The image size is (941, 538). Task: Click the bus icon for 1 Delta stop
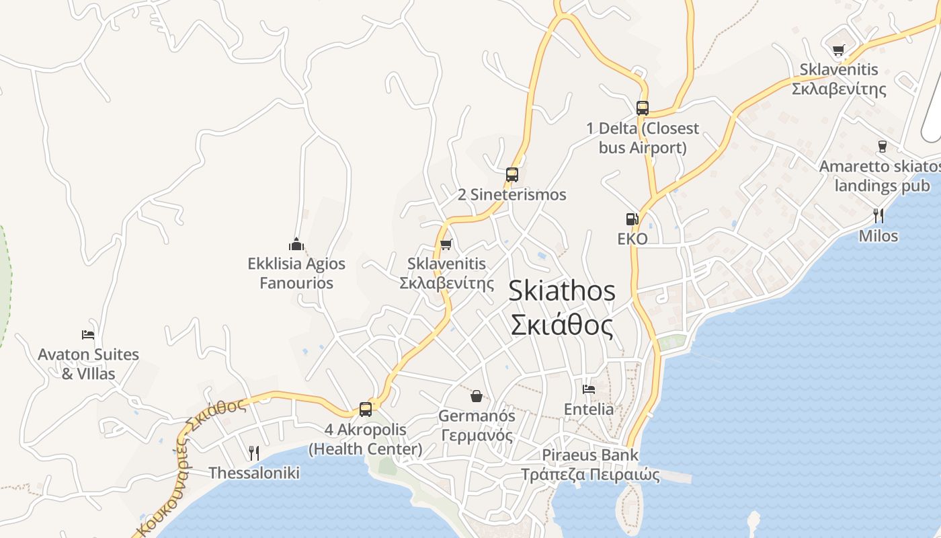tap(643, 108)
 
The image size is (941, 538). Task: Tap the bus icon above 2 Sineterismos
tap(512, 175)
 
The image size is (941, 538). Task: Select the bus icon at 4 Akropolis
tap(366, 409)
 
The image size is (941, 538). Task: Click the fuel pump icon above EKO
tap(632, 219)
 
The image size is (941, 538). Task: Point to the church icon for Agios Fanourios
tap(296, 243)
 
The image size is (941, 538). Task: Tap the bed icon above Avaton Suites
tap(88, 334)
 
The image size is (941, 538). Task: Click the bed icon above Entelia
tap(589, 389)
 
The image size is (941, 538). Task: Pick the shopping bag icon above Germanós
tap(477, 395)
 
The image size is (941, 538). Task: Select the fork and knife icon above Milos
tap(878, 215)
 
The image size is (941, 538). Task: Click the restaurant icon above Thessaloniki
tap(253, 453)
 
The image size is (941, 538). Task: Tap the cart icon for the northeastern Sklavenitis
tap(838, 50)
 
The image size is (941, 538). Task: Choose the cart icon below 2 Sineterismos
tap(446, 244)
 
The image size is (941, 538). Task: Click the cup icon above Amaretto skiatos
tap(883, 146)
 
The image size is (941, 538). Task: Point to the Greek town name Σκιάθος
tap(561, 325)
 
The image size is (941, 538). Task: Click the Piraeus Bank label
tap(590, 455)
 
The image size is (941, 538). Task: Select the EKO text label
tap(632, 239)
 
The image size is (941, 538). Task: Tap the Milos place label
tap(878, 236)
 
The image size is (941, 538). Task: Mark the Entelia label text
tap(589, 409)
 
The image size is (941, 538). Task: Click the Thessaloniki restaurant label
tap(253, 473)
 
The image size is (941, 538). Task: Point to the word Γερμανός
tap(477, 435)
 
